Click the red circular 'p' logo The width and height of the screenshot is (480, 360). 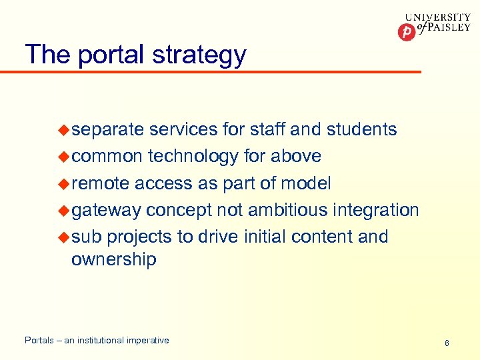[405, 31]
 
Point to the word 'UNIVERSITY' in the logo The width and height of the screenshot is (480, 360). [437, 17]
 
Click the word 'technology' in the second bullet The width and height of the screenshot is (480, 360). [193, 157]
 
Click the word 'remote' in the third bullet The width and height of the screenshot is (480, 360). [100, 183]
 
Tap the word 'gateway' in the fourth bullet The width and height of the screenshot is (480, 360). [106, 211]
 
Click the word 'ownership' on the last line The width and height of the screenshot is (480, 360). [113, 259]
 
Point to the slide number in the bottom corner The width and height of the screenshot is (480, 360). [447, 343]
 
